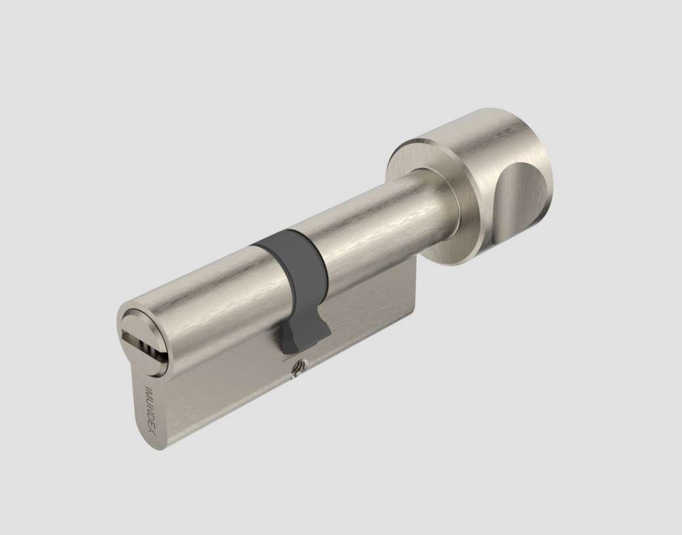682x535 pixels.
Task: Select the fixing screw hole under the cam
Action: pos(296,370)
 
